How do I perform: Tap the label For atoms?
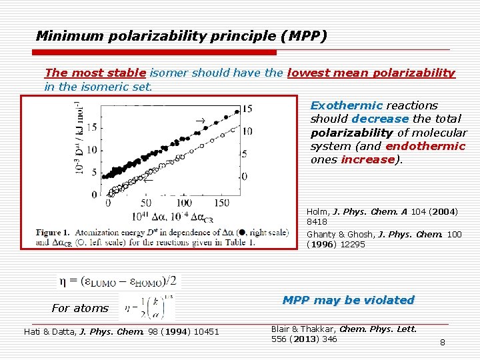click(79, 308)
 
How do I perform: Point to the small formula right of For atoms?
click(147, 307)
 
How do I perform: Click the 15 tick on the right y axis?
click(247, 109)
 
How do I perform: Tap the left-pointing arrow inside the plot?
click(148, 179)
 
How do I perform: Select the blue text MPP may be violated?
click(348, 300)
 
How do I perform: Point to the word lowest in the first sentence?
click(309, 73)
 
